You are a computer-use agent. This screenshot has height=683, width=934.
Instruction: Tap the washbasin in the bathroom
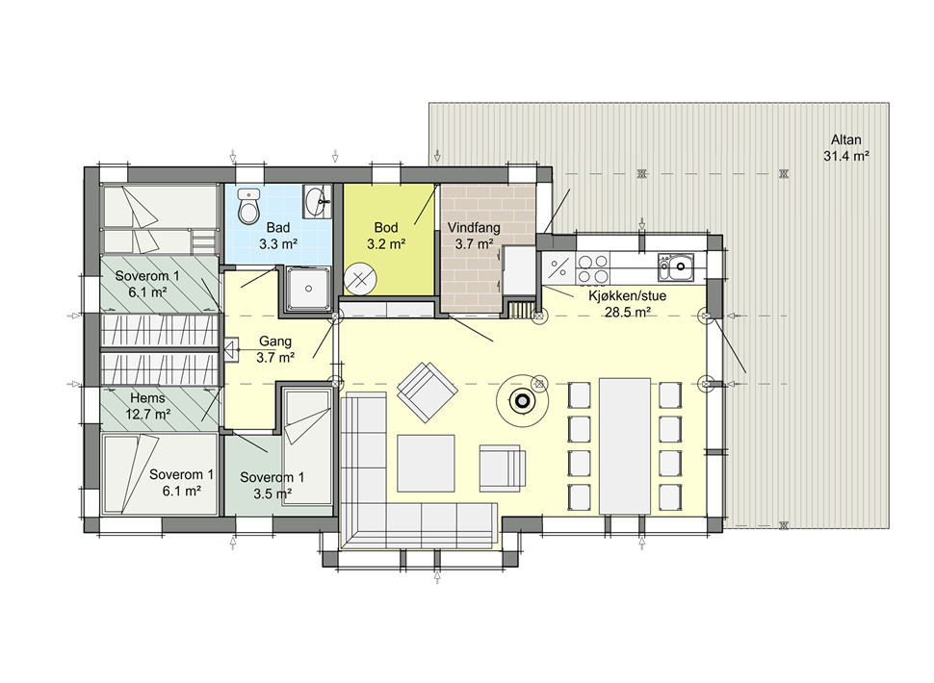(x=317, y=202)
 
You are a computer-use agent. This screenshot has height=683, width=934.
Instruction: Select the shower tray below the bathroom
(x=308, y=289)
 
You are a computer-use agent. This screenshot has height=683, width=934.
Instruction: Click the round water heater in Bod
(x=360, y=279)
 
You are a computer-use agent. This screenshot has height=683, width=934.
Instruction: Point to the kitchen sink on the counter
(x=676, y=267)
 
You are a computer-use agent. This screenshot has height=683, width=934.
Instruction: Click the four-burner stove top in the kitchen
(x=593, y=268)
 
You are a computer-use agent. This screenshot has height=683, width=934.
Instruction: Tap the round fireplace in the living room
(x=522, y=401)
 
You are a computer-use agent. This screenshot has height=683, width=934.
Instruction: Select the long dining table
(x=624, y=445)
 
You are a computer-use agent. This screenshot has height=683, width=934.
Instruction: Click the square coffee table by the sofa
(x=426, y=463)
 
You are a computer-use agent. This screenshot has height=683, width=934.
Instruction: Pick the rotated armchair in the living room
(x=428, y=392)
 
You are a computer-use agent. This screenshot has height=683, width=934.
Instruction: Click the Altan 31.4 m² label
(x=845, y=148)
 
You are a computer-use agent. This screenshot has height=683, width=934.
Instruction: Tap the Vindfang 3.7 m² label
(x=474, y=236)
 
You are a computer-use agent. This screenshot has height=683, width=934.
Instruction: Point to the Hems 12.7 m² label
(x=147, y=406)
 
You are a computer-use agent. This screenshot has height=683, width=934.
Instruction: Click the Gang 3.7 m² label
(x=275, y=349)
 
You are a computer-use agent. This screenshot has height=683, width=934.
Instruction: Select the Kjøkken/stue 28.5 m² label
(x=627, y=303)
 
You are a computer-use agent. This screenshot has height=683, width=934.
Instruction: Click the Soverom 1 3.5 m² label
(x=272, y=485)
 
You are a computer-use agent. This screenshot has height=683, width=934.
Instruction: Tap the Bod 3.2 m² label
(x=386, y=236)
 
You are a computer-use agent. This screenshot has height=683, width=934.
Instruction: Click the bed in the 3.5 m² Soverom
(x=307, y=447)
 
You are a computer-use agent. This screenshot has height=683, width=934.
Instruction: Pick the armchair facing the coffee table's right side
(x=503, y=468)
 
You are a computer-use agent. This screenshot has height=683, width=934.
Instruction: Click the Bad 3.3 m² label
(x=278, y=236)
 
